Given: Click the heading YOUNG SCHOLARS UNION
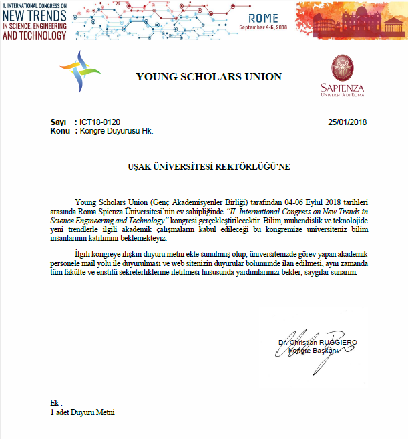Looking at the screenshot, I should tap(208, 76).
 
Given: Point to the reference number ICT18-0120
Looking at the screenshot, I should tap(99, 122).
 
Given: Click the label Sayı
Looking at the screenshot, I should tap(58, 122).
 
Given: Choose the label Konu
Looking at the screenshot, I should tap(60, 131).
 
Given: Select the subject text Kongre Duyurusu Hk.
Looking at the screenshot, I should tap(117, 131).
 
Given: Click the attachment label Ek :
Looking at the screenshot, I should tap(56, 403).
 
